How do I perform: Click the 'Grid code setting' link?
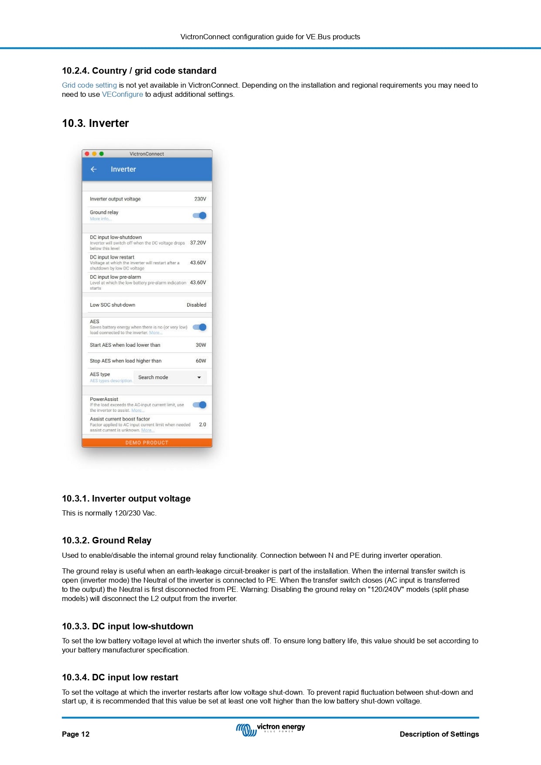click(x=89, y=85)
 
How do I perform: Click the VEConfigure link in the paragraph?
click(x=122, y=95)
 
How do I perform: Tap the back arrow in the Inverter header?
click(x=93, y=169)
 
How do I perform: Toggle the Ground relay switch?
click(x=200, y=215)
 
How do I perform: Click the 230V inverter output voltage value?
click(x=200, y=199)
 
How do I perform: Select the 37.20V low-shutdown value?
click(x=198, y=243)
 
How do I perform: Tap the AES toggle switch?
click(x=200, y=327)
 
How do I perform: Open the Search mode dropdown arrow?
click(x=199, y=378)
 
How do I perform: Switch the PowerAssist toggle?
click(x=200, y=405)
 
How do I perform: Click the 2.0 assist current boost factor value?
click(x=202, y=424)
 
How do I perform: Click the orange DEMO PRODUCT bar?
click(x=147, y=443)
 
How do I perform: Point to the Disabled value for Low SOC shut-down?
click(x=196, y=305)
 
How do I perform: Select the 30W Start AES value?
click(x=201, y=345)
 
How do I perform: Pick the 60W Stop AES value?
click(x=201, y=361)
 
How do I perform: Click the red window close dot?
click(x=87, y=154)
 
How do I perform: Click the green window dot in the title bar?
click(x=102, y=154)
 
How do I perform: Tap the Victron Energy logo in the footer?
click(x=270, y=729)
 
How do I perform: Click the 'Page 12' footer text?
click(x=75, y=734)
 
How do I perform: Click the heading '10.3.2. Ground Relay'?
click(x=106, y=540)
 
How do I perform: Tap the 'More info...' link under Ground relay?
click(x=100, y=219)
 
